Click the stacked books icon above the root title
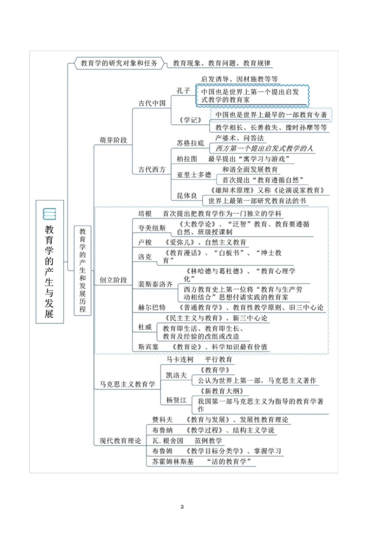click(49, 214)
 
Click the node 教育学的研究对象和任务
click(119, 63)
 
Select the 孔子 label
click(183, 91)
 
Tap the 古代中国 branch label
click(152, 103)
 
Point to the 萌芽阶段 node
click(113, 140)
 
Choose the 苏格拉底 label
click(190, 143)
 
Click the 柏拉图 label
click(187, 159)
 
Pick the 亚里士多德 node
click(194, 174)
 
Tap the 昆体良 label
click(187, 196)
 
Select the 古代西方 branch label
click(152, 169)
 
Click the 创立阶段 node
click(113, 280)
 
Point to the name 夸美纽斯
click(152, 228)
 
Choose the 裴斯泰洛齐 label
click(155, 284)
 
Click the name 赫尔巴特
click(152, 307)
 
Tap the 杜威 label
click(145, 327)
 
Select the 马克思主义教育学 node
click(127, 384)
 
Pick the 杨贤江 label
click(176, 400)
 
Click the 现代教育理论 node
click(120, 441)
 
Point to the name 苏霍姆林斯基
click(173, 461)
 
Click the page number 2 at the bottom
click(182, 507)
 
